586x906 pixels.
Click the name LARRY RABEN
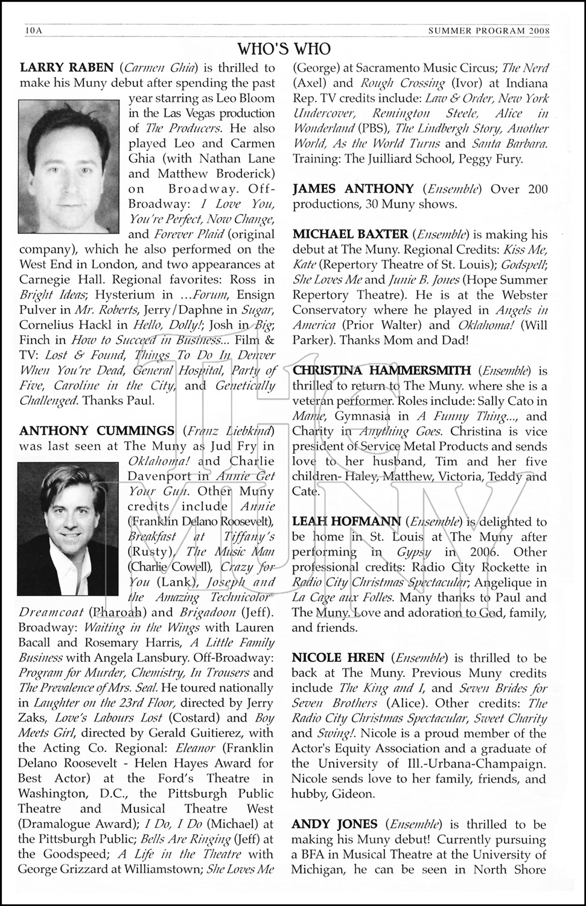[x=66, y=68]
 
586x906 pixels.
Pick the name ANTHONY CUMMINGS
[x=97, y=431]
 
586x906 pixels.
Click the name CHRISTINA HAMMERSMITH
[x=381, y=370]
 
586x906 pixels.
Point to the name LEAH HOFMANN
[x=346, y=521]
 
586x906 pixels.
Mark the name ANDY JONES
[x=334, y=824]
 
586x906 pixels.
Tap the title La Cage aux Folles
[x=342, y=597]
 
